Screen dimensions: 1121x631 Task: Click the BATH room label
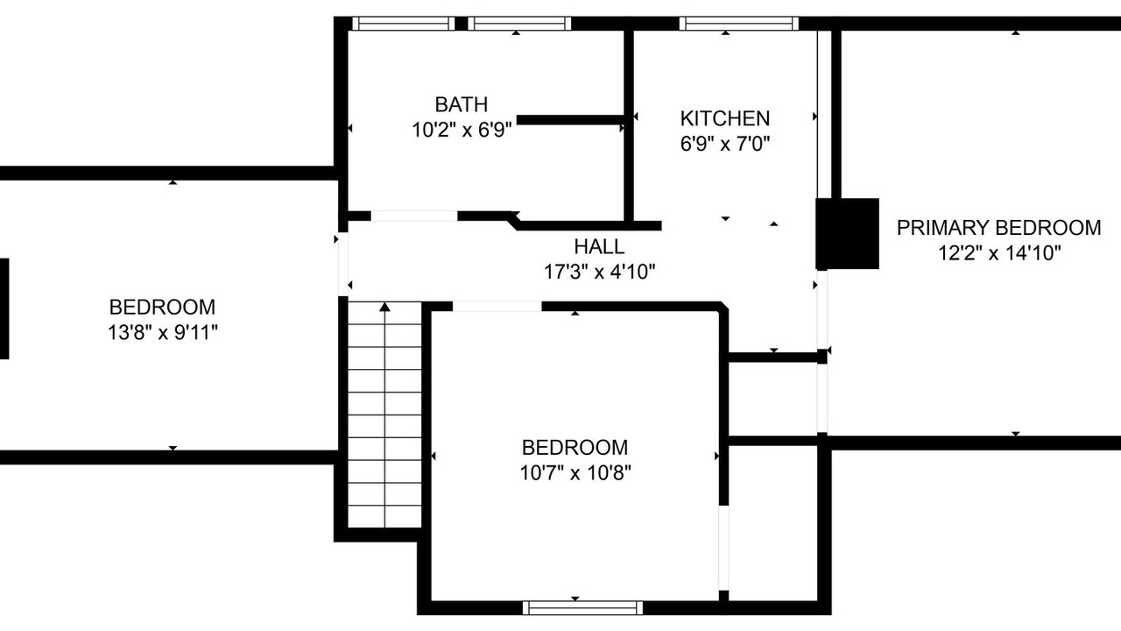click(x=461, y=104)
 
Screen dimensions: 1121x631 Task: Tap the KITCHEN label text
click(x=724, y=118)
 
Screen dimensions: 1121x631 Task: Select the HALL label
click(x=599, y=247)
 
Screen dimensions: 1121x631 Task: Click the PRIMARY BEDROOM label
click(x=998, y=228)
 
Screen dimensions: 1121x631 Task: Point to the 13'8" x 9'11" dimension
click(x=163, y=332)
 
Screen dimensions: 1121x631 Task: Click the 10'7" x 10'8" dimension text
click(x=575, y=472)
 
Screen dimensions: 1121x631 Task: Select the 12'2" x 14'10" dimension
click(x=999, y=253)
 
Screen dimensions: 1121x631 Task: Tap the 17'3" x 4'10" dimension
click(x=599, y=272)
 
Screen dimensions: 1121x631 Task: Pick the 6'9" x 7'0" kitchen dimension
click(x=724, y=145)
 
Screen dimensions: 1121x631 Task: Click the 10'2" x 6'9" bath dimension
click(x=462, y=131)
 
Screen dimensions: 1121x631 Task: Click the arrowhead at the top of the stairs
click(x=384, y=307)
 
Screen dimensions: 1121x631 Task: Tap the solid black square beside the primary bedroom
click(x=847, y=234)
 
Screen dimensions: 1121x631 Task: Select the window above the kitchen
click(x=738, y=24)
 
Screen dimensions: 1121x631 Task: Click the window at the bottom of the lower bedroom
click(x=582, y=608)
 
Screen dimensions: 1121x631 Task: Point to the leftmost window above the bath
click(x=404, y=24)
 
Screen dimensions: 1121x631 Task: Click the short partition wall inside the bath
click(x=570, y=120)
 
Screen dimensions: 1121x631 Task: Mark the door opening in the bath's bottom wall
click(x=414, y=216)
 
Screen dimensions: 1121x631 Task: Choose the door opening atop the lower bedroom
click(x=497, y=306)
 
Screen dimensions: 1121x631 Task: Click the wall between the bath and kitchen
click(x=629, y=125)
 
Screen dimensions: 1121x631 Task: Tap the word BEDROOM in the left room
click(x=162, y=307)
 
